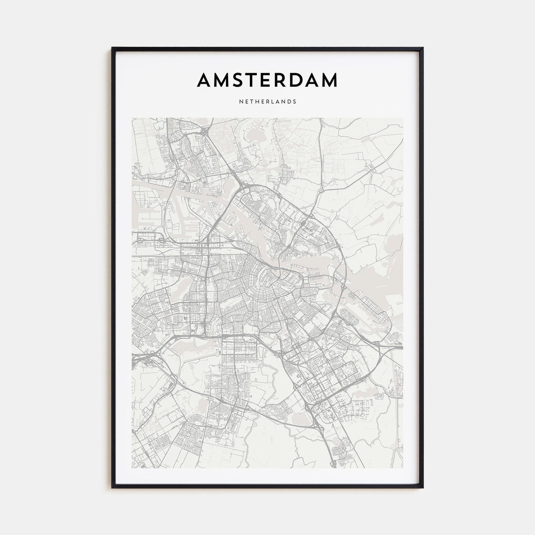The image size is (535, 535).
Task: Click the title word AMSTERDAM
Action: [x=267, y=80]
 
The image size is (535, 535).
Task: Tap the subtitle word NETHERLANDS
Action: [x=267, y=102]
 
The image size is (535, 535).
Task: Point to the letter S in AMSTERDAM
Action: [x=238, y=80]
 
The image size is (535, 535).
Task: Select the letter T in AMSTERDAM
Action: [x=252, y=80]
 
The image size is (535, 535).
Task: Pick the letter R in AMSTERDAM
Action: [x=283, y=80]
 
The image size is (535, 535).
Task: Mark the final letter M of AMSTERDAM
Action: [x=330, y=80]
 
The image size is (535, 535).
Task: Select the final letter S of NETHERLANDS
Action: [x=295, y=102]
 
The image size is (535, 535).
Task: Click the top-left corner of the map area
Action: [x=132, y=118]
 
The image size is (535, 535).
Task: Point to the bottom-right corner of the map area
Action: [x=403, y=468]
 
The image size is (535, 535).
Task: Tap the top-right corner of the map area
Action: [x=403, y=118]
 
